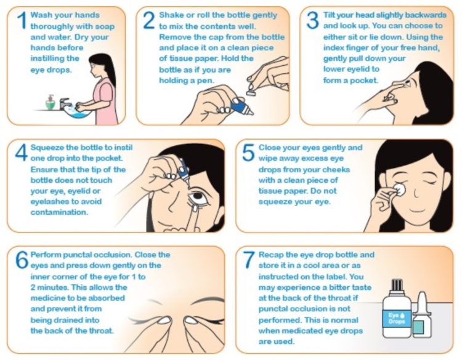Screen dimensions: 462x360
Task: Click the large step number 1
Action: click(22, 20)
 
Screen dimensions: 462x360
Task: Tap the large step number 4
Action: click(21, 153)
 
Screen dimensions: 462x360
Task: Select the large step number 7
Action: click(249, 260)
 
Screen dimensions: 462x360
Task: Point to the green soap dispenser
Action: click(51, 103)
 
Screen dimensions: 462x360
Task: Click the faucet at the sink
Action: click(65, 103)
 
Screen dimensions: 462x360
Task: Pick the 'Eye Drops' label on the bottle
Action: click(396, 318)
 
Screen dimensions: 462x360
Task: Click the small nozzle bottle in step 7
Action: click(422, 315)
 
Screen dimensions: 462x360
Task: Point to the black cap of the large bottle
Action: click(397, 284)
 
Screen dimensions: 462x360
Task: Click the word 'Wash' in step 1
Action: click(40, 15)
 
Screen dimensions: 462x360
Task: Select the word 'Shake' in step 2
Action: click(171, 15)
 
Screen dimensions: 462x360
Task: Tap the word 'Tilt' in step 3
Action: click(329, 15)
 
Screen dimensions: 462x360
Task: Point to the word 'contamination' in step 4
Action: click(59, 212)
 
